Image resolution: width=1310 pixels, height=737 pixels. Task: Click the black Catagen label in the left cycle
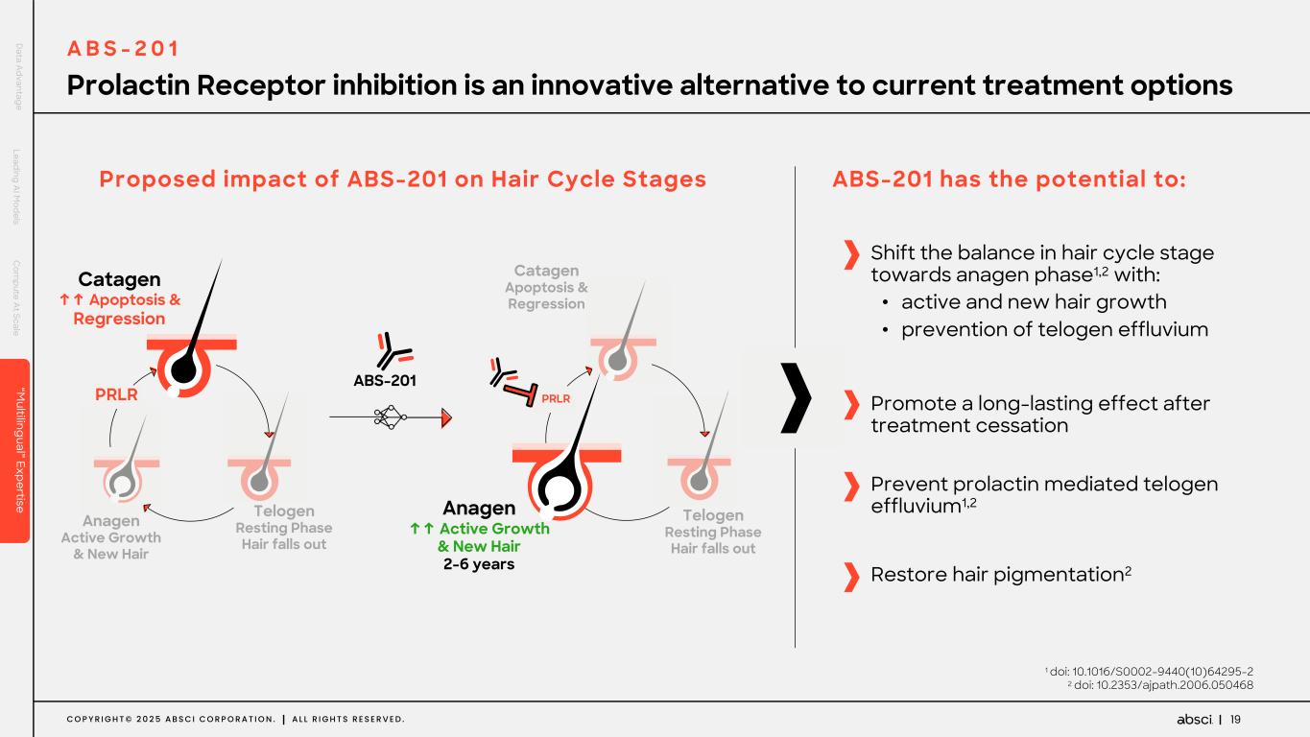pos(119,279)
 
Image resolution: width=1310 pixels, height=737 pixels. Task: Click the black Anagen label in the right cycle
pos(479,508)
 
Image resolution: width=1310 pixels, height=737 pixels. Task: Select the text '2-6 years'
pos(479,564)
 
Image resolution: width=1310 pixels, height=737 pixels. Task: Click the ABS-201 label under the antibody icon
pos(385,380)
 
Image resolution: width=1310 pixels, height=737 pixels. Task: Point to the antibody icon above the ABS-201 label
pos(393,350)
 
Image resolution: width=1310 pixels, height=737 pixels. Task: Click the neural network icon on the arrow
pos(390,416)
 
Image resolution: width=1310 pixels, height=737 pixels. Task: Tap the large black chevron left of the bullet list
pos(797,397)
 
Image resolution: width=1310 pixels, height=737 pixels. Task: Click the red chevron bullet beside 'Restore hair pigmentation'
pos(850,577)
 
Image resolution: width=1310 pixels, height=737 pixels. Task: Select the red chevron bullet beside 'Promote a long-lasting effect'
pos(850,405)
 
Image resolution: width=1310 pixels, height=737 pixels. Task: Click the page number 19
pos(1235,720)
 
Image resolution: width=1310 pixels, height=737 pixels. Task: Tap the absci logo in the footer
pos(1194,720)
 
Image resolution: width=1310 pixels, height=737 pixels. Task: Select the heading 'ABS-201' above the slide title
pos(122,49)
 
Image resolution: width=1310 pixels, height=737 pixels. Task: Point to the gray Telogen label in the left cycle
pos(284,511)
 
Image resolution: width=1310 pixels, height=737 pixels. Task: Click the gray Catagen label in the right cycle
pos(546,272)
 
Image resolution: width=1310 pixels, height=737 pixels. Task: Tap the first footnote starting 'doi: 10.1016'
pos(1151,671)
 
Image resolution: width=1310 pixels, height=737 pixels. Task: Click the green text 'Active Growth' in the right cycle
pos(493,529)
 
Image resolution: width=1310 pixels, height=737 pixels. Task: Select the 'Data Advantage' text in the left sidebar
pos(18,76)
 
